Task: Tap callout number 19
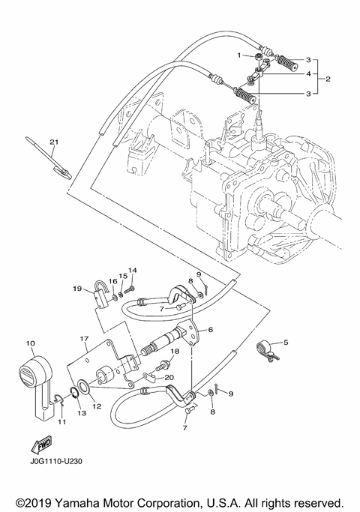tap(77, 288)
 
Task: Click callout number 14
tap(132, 270)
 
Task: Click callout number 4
tap(307, 73)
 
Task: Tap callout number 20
tap(169, 377)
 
